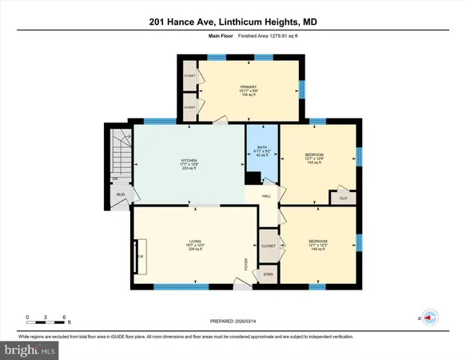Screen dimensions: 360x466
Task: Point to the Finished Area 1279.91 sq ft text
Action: click(255, 35)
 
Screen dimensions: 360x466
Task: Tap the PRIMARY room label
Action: click(249, 87)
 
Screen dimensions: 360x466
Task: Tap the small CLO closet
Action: click(343, 198)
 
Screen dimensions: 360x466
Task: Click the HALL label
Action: click(267, 195)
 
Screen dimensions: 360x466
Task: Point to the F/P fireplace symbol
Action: click(141, 256)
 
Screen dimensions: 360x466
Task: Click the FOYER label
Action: click(246, 264)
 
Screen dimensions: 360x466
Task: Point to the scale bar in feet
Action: click(46, 322)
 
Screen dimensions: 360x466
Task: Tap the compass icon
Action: click(430, 317)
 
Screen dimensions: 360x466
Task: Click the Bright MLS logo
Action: click(29, 350)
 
